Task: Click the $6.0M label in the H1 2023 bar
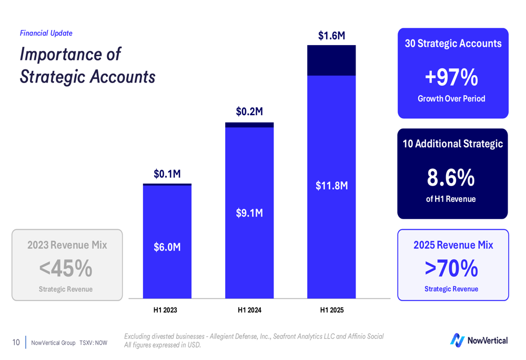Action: [167, 247]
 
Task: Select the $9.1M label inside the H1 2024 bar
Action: [249, 213]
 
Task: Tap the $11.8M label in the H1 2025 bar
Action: [331, 186]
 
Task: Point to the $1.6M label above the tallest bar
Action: [331, 36]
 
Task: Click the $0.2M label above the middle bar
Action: [249, 111]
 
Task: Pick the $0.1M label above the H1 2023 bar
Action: [167, 173]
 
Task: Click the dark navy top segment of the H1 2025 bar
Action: [331, 60]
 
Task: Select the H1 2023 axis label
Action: [165, 310]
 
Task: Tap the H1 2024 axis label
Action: [249, 310]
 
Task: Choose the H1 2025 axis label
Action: [331, 310]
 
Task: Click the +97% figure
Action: [451, 78]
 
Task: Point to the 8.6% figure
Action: [451, 178]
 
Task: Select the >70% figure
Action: [451, 269]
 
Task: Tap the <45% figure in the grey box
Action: [66, 269]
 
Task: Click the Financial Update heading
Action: [46, 33]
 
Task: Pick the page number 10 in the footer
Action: [16, 343]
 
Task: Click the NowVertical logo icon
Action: [457, 340]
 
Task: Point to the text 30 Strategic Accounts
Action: [453, 44]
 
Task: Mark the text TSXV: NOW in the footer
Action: [94, 343]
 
